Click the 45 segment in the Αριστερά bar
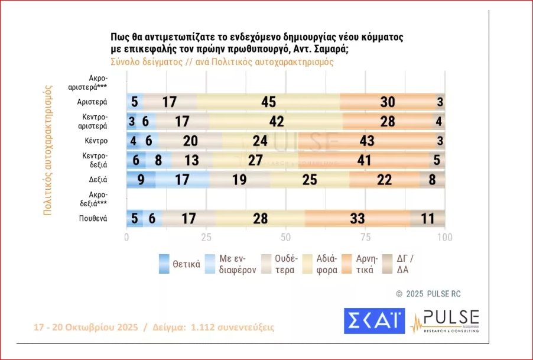tap(269, 102)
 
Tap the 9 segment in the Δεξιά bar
tap(141, 180)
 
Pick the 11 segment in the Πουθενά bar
tap(427, 218)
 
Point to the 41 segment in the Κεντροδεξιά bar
tap(364, 161)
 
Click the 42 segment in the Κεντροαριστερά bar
tap(276, 121)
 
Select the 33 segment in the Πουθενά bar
tap(357, 218)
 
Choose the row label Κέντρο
tap(95, 141)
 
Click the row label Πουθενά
tap(92, 218)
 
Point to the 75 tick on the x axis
tap(365, 237)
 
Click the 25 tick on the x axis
tap(206, 237)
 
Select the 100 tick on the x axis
tap(444, 237)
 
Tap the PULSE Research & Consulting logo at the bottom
tap(444, 321)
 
